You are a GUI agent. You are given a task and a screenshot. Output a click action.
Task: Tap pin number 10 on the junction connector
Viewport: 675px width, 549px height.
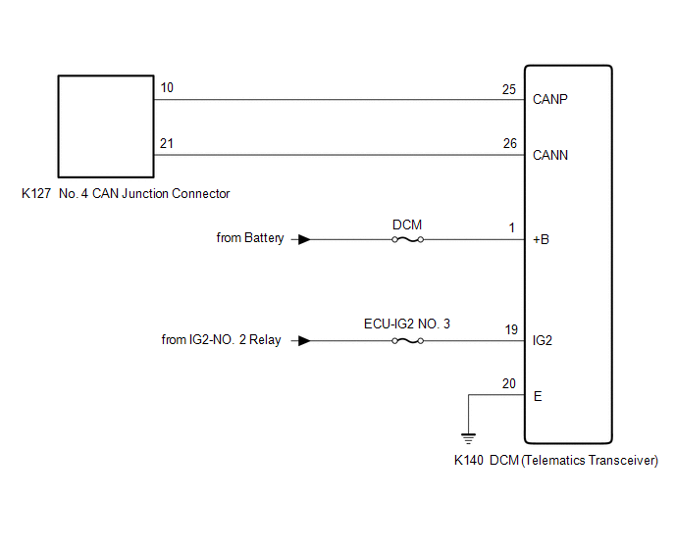pyautogui.click(x=167, y=88)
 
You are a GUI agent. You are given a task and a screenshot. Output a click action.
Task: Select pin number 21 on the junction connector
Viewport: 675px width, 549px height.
pyautogui.click(x=167, y=143)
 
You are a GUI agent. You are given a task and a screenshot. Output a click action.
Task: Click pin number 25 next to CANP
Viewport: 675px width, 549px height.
pyautogui.click(x=509, y=89)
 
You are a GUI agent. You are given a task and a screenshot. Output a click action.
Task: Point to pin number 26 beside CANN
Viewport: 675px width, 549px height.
pyautogui.click(x=510, y=143)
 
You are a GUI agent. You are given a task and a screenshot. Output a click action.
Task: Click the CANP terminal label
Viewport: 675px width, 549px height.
pyautogui.click(x=550, y=99)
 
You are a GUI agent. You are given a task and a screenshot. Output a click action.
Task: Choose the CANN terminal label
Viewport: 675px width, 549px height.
pyautogui.click(x=550, y=155)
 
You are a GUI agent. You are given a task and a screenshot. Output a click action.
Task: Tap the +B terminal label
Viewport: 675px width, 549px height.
pyautogui.click(x=542, y=239)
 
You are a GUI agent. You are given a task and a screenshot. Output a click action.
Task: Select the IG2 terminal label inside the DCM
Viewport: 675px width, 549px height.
pyautogui.click(x=543, y=341)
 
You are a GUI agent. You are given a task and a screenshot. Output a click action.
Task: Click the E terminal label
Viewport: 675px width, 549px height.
pyautogui.click(x=538, y=396)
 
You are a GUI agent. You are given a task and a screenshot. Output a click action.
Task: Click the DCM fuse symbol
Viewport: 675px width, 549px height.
pyautogui.click(x=408, y=239)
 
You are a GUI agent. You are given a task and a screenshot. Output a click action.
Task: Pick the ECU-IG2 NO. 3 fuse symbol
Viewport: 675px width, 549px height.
pyautogui.click(x=408, y=341)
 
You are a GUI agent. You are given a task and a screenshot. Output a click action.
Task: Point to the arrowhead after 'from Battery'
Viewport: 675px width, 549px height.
pyautogui.click(x=304, y=239)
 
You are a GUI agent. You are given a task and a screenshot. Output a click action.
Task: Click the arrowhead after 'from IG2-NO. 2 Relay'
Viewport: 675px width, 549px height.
pyautogui.click(x=304, y=341)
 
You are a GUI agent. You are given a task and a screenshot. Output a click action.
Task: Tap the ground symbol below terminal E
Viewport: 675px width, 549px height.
pyautogui.click(x=468, y=438)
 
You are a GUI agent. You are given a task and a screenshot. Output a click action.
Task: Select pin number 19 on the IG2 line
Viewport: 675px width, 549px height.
pyautogui.click(x=511, y=330)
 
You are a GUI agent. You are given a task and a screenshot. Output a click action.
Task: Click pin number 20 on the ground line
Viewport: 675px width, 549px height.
pyautogui.click(x=509, y=383)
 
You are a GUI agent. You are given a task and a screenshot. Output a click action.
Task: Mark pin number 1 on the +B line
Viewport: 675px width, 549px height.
pyautogui.click(x=512, y=227)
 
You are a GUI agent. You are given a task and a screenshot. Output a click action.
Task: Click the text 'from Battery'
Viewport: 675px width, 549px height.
pyautogui.click(x=250, y=238)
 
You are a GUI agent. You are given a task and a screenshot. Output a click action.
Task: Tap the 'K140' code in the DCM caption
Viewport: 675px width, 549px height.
pyautogui.click(x=469, y=461)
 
